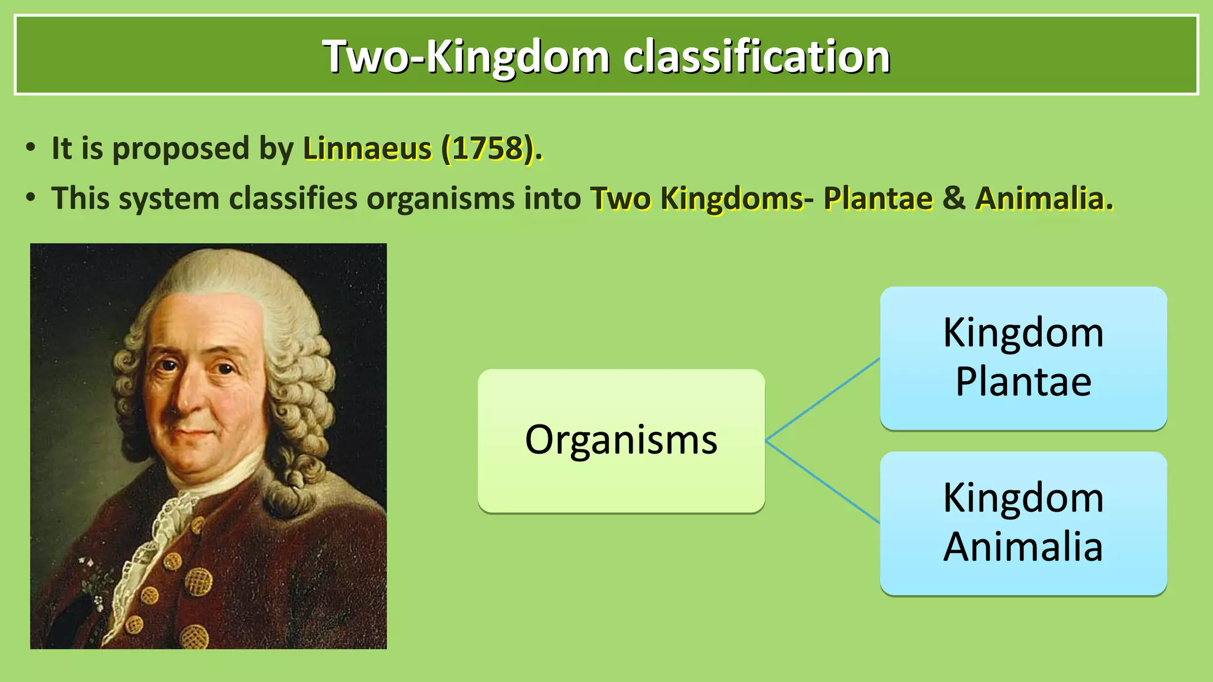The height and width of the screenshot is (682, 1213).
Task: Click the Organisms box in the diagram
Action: pos(621,440)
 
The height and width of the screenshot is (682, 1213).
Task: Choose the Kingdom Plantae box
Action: pos(1023,358)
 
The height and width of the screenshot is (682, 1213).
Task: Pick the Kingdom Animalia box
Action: pos(1023,523)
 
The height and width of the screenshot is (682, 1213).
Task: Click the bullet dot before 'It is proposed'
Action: pos(31,148)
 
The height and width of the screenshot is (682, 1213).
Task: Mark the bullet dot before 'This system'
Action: pos(31,198)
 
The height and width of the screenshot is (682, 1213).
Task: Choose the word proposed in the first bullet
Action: pos(181,149)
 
